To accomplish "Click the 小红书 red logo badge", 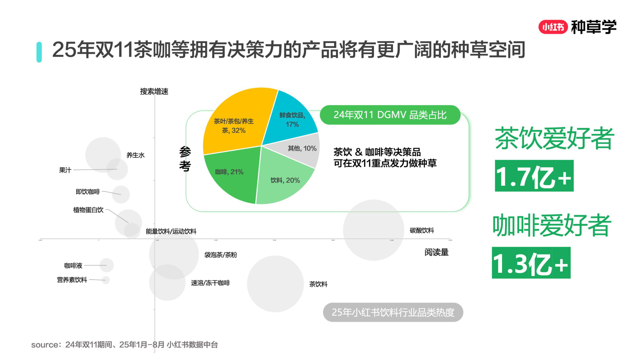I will (553, 27).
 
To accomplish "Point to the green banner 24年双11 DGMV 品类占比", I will (390, 115).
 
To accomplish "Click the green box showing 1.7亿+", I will (534, 176).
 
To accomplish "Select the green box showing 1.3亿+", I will (531, 263).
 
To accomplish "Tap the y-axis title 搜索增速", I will (154, 92).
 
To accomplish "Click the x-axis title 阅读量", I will (436, 252).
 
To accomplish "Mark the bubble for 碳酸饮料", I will (373, 230).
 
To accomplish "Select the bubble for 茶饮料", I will (275, 284).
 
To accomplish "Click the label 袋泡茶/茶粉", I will (220, 255).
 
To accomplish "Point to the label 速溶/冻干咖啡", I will (210, 283).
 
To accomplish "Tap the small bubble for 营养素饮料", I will (106, 280).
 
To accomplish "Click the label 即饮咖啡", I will (88, 192).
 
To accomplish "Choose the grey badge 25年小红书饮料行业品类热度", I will (393, 312).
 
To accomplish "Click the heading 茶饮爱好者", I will (554, 138).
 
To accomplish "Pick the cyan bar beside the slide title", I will (39, 52).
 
